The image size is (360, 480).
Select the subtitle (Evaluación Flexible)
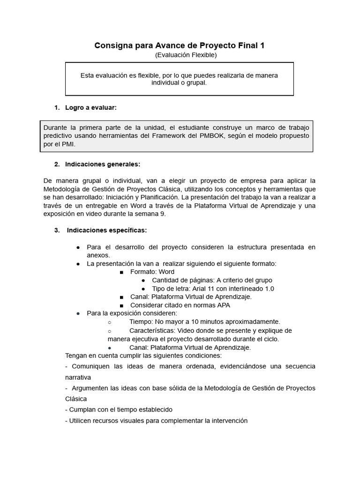tap(186, 55)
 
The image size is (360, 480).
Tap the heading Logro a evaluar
tap(90, 108)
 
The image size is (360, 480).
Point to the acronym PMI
tap(68, 144)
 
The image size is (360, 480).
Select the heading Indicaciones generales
tap(103, 164)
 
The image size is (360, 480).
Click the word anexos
tap(98, 255)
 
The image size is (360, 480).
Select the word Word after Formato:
tap(166, 272)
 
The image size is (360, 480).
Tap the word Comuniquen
tap(90, 366)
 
